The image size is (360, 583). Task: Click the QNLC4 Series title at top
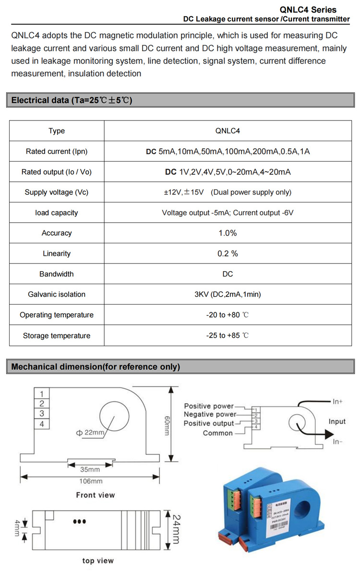pyautogui.click(x=314, y=10)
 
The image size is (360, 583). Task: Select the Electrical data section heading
pyautogui.click(x=72, y=100)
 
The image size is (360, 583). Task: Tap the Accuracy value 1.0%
pyautogui.click(x=228, y=233)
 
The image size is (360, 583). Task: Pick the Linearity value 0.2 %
pyautogui.click(x=228, y=254)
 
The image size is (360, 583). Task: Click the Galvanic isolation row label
pyautogui.click(x=57, y=295)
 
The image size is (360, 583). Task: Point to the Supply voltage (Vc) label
pyautogui.click(x=57, y=192)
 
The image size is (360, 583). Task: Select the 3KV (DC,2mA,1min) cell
pyautogui.click(x=228, y=295)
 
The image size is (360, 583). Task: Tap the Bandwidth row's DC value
pyautogui.click(x=228, y=274)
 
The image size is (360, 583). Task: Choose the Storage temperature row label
pyautogui.click(x=57, y=336)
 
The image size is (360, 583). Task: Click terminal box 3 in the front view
pyautogui.click(x=42, y=414)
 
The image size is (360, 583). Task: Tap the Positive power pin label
pyautogui.click(x=209, y=406)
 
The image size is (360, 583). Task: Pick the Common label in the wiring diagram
pyautogui.click(x=217, y=433)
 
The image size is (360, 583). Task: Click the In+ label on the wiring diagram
pyautogui.click(x=337, y=401)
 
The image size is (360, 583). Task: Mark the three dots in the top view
pyautogui.click(x=79, y=522)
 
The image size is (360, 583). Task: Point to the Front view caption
pyautogui.click(x=96, y=495)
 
